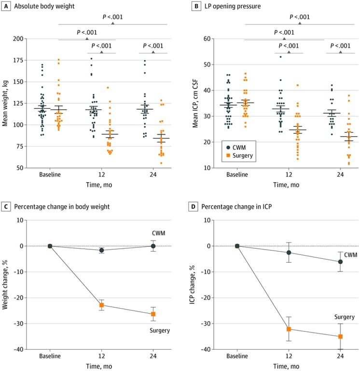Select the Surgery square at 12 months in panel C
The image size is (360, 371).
tap(102, 305)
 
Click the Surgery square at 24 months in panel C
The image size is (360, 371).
tap(153, 314)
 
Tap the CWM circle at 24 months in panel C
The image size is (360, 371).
tap(153, 246)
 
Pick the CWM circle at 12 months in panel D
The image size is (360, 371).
tap(289, 253)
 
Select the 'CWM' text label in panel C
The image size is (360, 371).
tap(157, 233)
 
